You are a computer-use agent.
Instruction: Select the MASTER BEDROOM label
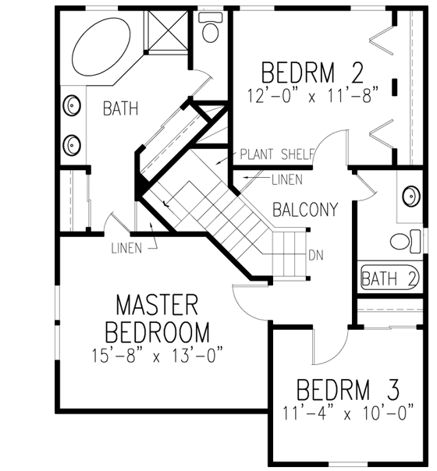click(x=162, y=317)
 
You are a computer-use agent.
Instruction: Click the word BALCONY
click(x=305, y=209)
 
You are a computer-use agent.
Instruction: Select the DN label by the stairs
click(x=316, y=255)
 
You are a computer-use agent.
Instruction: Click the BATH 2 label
click(x=391, y=277)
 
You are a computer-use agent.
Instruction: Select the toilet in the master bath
click(x=210, y=28)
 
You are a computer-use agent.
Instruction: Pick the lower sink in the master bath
click(x=73, y=143)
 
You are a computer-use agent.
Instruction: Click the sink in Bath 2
click(x=411, y=197)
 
